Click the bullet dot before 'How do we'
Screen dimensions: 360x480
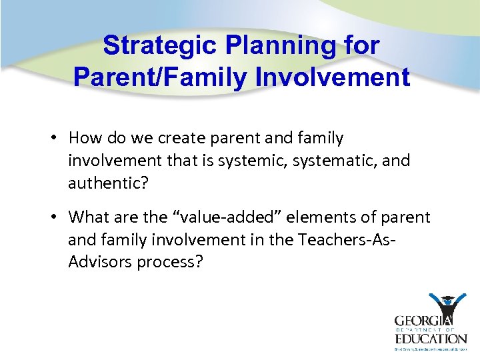pos(58,138)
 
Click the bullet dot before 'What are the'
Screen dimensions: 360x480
pos(58,217)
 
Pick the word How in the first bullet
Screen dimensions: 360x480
pos(83,138)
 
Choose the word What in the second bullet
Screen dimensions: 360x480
pos(87,217)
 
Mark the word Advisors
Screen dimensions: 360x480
pos(100,262)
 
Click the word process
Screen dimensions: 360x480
pos(171,262)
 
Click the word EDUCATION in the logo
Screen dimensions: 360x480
pos(429,338)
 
